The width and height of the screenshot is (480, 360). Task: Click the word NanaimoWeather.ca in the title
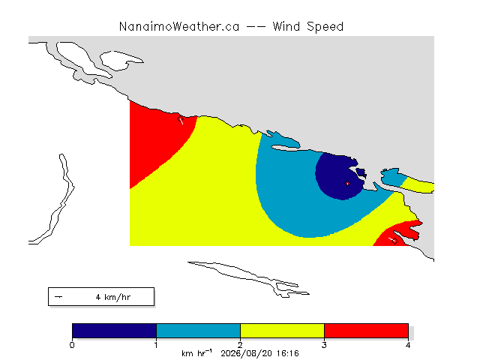pyautogui.click(x=179, y=27)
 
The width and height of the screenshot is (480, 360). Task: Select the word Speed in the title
pyautogui.click(x=325, y=27)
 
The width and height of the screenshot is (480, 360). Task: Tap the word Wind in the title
pyautogui.click(x=286, y=27)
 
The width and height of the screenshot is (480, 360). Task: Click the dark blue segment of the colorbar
pyautogui.click(x=114, y=331)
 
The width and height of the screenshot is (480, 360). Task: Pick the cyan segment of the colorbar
pyautogui.click(x=198, y=331)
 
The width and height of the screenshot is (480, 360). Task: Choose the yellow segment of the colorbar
pyautogui.click(x=282, y=331)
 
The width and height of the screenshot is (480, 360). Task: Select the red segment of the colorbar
pyautogui.click(x=366, y=331)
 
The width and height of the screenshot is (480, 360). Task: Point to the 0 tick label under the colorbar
pyautogui.click(x=72, y=345)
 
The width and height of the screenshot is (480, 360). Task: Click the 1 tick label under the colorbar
pyautogui.click(x=156, y=345)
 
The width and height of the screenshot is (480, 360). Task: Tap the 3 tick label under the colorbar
pyautogui.click(x=324, y=345)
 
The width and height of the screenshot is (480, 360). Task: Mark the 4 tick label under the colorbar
pyautogui.click(x=408, y=345)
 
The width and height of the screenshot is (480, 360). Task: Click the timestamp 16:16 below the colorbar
pyautogui.click(x=287, y=353)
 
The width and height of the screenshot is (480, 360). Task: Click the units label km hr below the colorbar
pyautogui.click(x=196, y=353)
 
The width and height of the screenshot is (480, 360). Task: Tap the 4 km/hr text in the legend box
pyautogui.click(x=113, y=297)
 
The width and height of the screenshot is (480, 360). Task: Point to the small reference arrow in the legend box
pyautogui.click(x=58, y=297)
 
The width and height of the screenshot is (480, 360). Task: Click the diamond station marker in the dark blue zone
pyautogui.click(x=347, y=183)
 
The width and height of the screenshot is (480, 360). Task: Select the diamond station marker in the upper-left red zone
pyautogui.click(x=180, y=118)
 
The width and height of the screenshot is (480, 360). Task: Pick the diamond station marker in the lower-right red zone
pyautogui.click(x=394, y=241)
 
